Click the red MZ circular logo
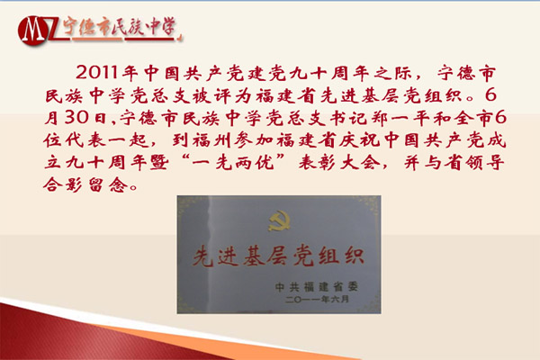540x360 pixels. (x=32, y=31)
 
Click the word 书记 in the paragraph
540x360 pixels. (x=346, y=118)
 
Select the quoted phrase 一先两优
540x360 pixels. (x=233, y=162)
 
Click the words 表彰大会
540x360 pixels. (x=339, y=162)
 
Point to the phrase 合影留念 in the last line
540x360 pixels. (x=86, y=184)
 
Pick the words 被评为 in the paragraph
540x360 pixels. (x=223, y=95)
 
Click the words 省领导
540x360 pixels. (x=474, y=162)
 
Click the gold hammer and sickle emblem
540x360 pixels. (x=279, y=221)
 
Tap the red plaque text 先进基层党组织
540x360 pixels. (x=278, y=256)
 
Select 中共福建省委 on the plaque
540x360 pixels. (x=317, y=286)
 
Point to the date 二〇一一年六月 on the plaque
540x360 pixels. (x=317, y=299)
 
